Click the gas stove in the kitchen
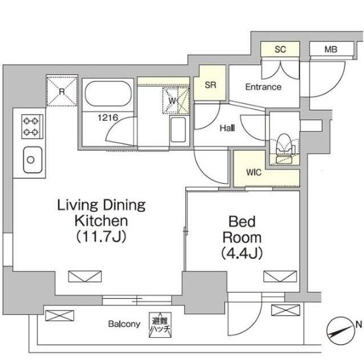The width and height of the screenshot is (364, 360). point(32,127)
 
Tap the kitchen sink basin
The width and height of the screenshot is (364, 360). point(32,160)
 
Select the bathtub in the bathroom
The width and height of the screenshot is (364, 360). point(108,94)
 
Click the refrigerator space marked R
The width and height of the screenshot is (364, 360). point(62,91)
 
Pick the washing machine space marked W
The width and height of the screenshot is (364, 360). point(176,100)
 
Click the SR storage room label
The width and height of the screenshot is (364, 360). point(211,85)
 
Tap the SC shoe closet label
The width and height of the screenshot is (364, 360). point(280,50)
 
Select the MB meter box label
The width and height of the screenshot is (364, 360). point(331,50)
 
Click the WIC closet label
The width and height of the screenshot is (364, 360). point(254,172)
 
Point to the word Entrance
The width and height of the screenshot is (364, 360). point(263,87)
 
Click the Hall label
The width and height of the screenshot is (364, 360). point(227,128)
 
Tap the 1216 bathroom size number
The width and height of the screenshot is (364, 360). point(108,118)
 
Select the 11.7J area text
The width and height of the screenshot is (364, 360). point(101,237)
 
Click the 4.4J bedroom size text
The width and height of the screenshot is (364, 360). point(242,253)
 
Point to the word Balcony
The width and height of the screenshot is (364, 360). point(124,324)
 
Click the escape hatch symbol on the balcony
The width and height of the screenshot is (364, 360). point(160,325)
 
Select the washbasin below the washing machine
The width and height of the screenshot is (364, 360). point(178,130)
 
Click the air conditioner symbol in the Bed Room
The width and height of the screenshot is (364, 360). point(280,276)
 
